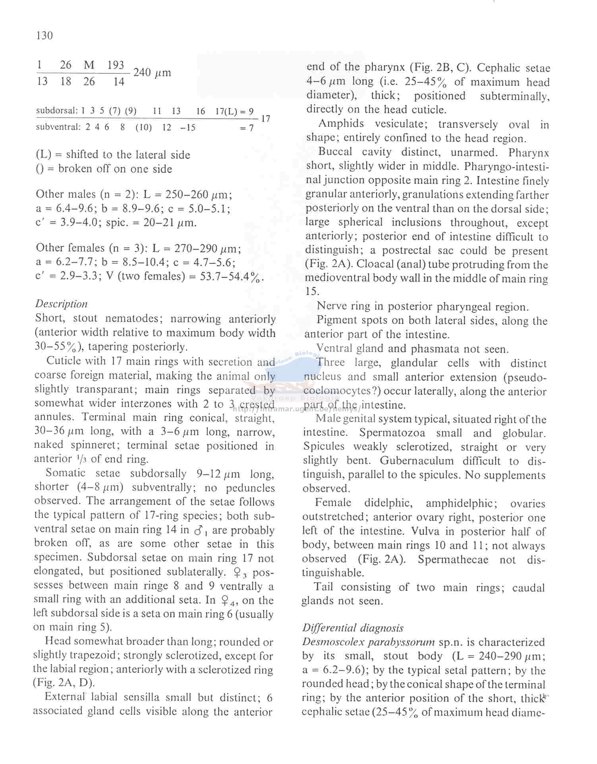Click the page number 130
[x=44, y=36]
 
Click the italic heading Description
[x=61, y=304]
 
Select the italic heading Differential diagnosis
[x=353, y=628]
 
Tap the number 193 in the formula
[x=116, y=65]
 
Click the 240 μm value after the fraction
[x=152, y=73]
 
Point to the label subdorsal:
[x=57, y=111]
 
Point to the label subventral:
[x=58, y=127]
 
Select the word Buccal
[x=335, y=152]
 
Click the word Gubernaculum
[x=416, y=461]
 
